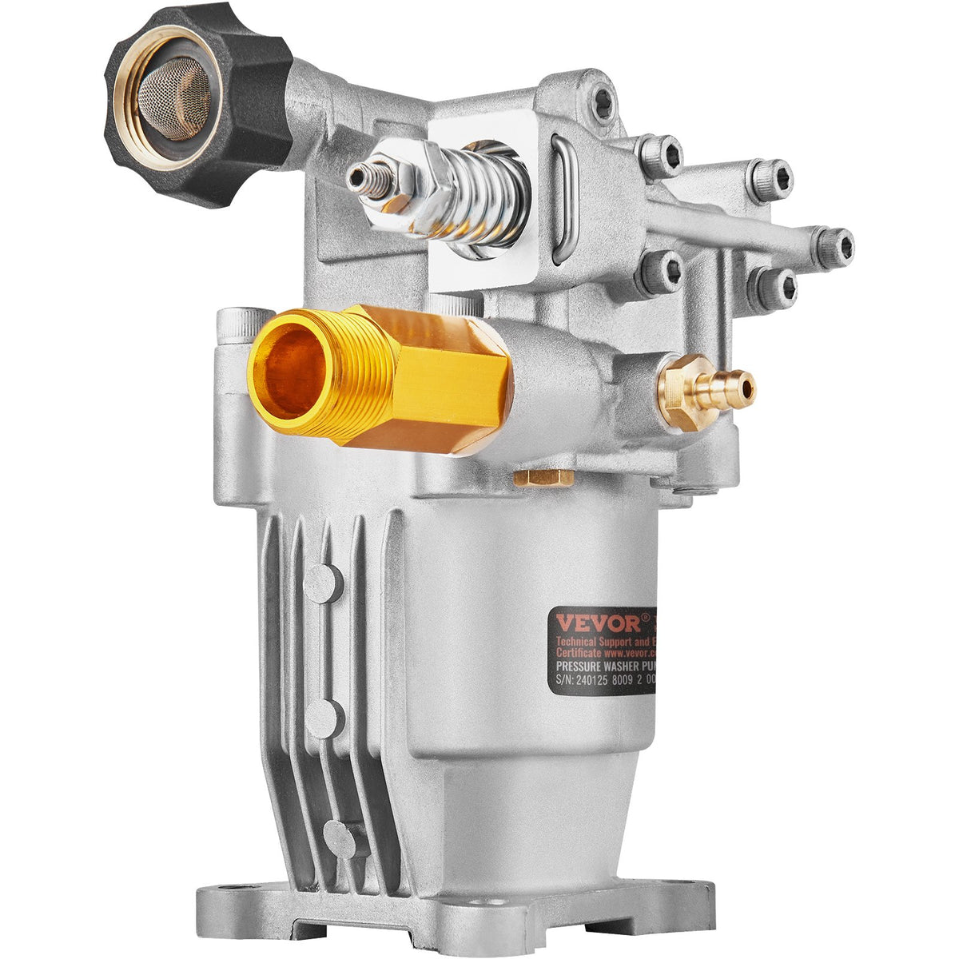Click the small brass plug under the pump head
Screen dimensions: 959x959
point(543,478)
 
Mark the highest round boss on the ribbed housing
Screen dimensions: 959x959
point(323,583)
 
